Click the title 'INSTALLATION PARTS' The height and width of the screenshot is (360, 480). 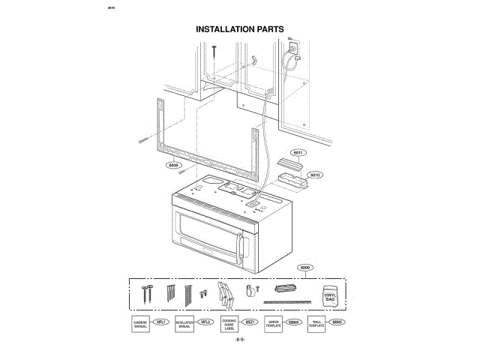pyautogui.click(x=240, y=30)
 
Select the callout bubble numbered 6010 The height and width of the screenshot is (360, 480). pyautogui.click(x=315, y=175)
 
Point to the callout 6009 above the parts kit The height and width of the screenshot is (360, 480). pyautogui.click(x=305, y=267)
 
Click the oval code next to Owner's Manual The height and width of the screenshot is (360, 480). pyautogui.click(x=160, y=322)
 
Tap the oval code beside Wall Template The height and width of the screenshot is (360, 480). pyautogui.click(x=338, y=322)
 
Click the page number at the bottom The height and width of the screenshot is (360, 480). pyautogui.click(x=240, y=340)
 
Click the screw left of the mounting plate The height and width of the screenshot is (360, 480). pyautogui.click(x=145, y=139)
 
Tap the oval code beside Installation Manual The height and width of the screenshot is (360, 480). pyautogui.click(x=205, y=322)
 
